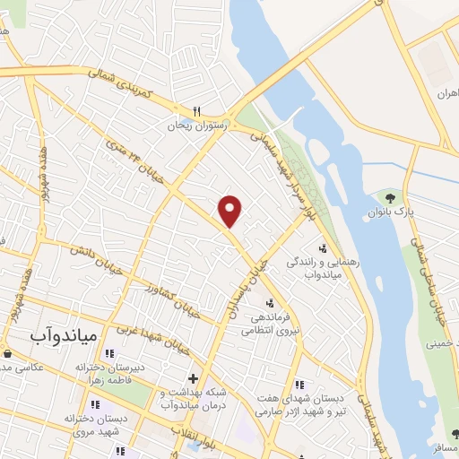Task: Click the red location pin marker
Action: tap(230, 211)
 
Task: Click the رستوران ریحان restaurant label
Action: tap(197, 126)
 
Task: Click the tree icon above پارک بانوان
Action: tap(388, 196)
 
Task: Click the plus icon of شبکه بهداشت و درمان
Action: tap(193, 377)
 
